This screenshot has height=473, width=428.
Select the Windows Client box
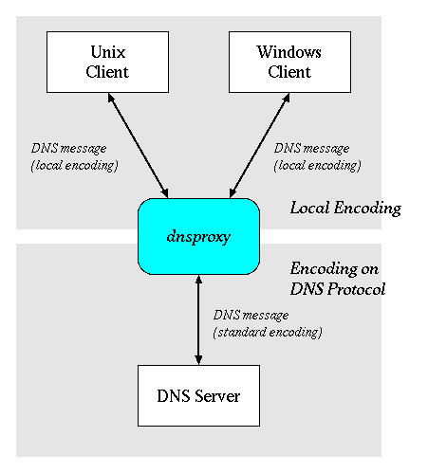pyautogui.click(x=288, y=63)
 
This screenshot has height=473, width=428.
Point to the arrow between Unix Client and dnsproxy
pyautogui.click(x=140, y=145)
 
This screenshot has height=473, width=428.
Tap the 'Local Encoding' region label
pyautogui.click(x=345, y=208)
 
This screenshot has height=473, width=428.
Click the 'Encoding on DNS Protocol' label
pyautogui.click(x=337, y=279)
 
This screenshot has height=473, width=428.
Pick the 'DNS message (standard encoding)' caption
pyautogui.click(x=268, y=323)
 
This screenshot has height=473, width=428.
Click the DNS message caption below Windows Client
pyautogui.click(x=317, y=156)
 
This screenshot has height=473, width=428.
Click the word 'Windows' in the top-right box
pyautogui.click(x=288, y=54)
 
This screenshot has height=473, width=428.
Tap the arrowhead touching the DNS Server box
pyautogui.click(x=198, y=358)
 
